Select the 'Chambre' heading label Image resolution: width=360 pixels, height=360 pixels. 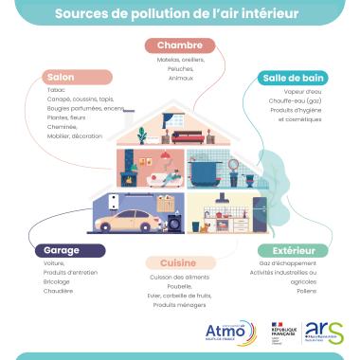point(180,45)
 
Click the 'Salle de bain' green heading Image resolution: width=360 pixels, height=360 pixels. point(295,79)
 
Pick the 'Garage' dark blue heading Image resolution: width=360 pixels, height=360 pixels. point(61,251)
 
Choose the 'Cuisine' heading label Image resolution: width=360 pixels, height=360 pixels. point(178,262)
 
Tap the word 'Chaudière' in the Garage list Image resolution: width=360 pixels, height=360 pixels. point(59,291)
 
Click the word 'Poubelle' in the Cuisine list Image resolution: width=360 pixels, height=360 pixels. point(179,285)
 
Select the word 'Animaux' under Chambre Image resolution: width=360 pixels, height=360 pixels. point(181,79)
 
